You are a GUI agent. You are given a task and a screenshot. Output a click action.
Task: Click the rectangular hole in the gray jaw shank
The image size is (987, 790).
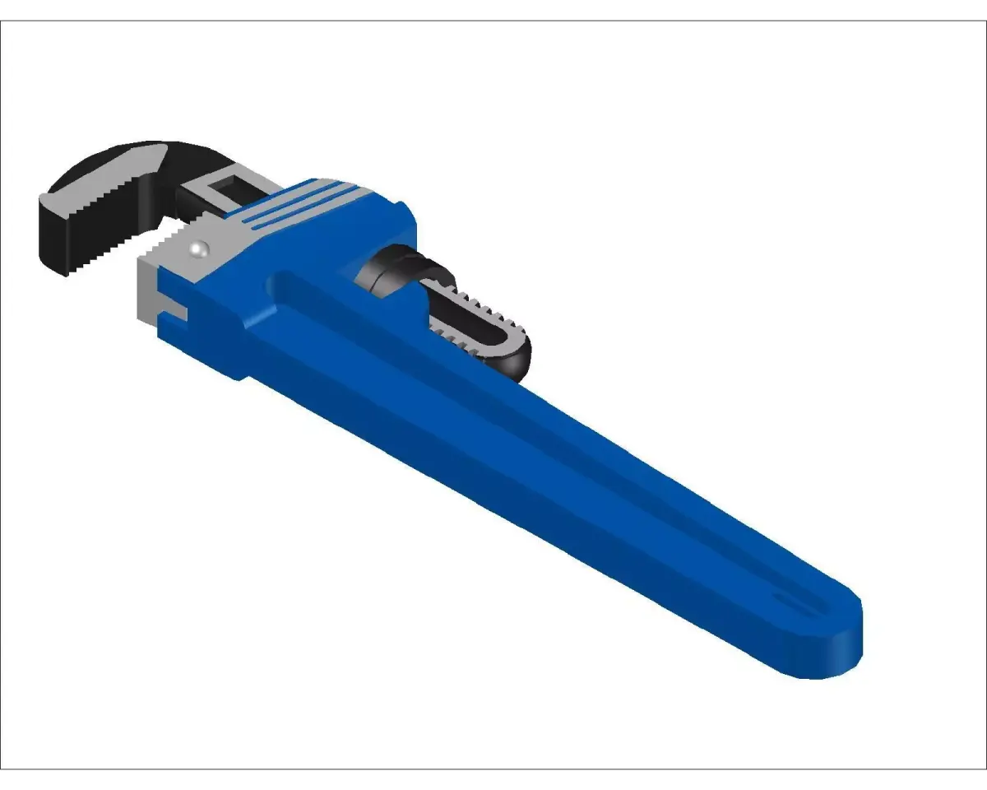[x=222, y=191]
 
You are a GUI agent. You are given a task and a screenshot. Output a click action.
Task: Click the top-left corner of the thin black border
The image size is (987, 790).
[x=2, y=21]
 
